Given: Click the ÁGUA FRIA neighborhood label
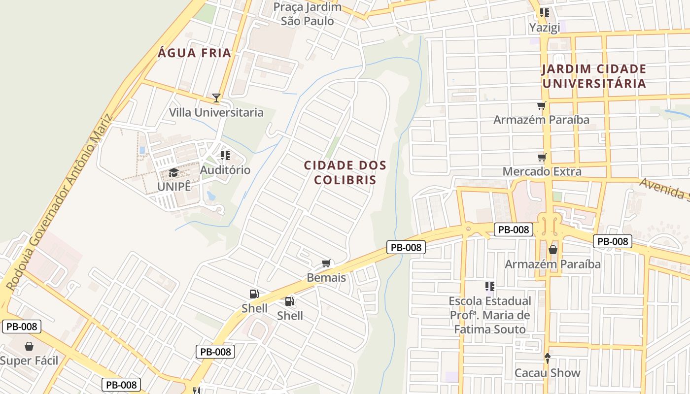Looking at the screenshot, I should click(x=194, y=53).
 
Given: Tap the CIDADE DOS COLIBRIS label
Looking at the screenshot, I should click(x=345, y=172).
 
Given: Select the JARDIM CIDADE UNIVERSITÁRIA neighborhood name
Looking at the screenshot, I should click(x=594, y=76).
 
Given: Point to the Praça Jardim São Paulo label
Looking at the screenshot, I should click(x=307, y=14).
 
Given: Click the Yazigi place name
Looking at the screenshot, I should click(x=545, y=28).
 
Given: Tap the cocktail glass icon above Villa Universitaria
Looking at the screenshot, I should click(x=216, y=98).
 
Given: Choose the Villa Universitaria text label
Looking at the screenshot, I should click(x=216, y=112).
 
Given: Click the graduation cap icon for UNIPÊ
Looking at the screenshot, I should click(x=173, y=173).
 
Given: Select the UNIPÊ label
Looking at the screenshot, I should click(x=173, y=187).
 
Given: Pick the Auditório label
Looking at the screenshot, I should click(x=225, y=170).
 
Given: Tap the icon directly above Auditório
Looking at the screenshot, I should click(x=225, y=156).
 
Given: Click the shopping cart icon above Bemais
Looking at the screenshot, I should click(x=326, y=263).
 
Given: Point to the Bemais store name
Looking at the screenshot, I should click(x=326, y=278).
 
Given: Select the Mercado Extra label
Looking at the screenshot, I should click(x=542, y=171).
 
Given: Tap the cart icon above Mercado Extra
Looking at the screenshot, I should click(x=542, y=158).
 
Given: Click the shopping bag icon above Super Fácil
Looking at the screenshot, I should click(x=29, y=346).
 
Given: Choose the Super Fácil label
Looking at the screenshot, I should click(x=29, y=361).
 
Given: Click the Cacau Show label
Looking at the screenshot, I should click(x=547, y=373).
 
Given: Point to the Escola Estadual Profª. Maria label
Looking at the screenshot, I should click(x=490, y=308).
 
